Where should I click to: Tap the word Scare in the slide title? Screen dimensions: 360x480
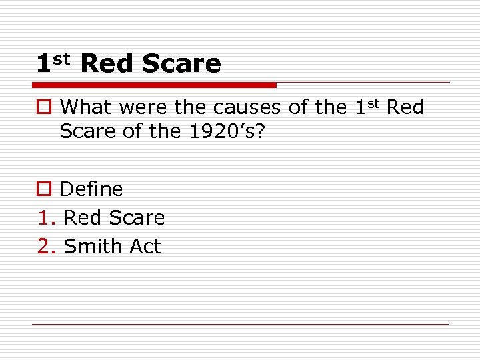pos(181,64)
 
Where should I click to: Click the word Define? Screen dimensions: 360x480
pos(91,189)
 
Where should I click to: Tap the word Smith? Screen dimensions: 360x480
pos(93,247)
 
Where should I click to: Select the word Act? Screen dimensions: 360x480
pos(145,247)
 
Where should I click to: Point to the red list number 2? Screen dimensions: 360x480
pos(45,247)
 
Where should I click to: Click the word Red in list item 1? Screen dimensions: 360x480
pos(83,218)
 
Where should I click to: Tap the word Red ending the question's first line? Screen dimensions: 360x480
pos(405,107)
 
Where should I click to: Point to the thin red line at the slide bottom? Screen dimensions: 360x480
pos(240,325)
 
